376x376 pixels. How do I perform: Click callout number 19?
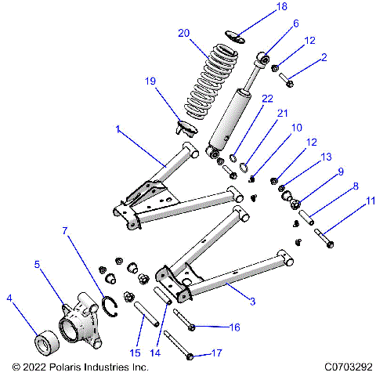pos(151,81)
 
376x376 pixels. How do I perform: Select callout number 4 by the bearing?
pos(9,298)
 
